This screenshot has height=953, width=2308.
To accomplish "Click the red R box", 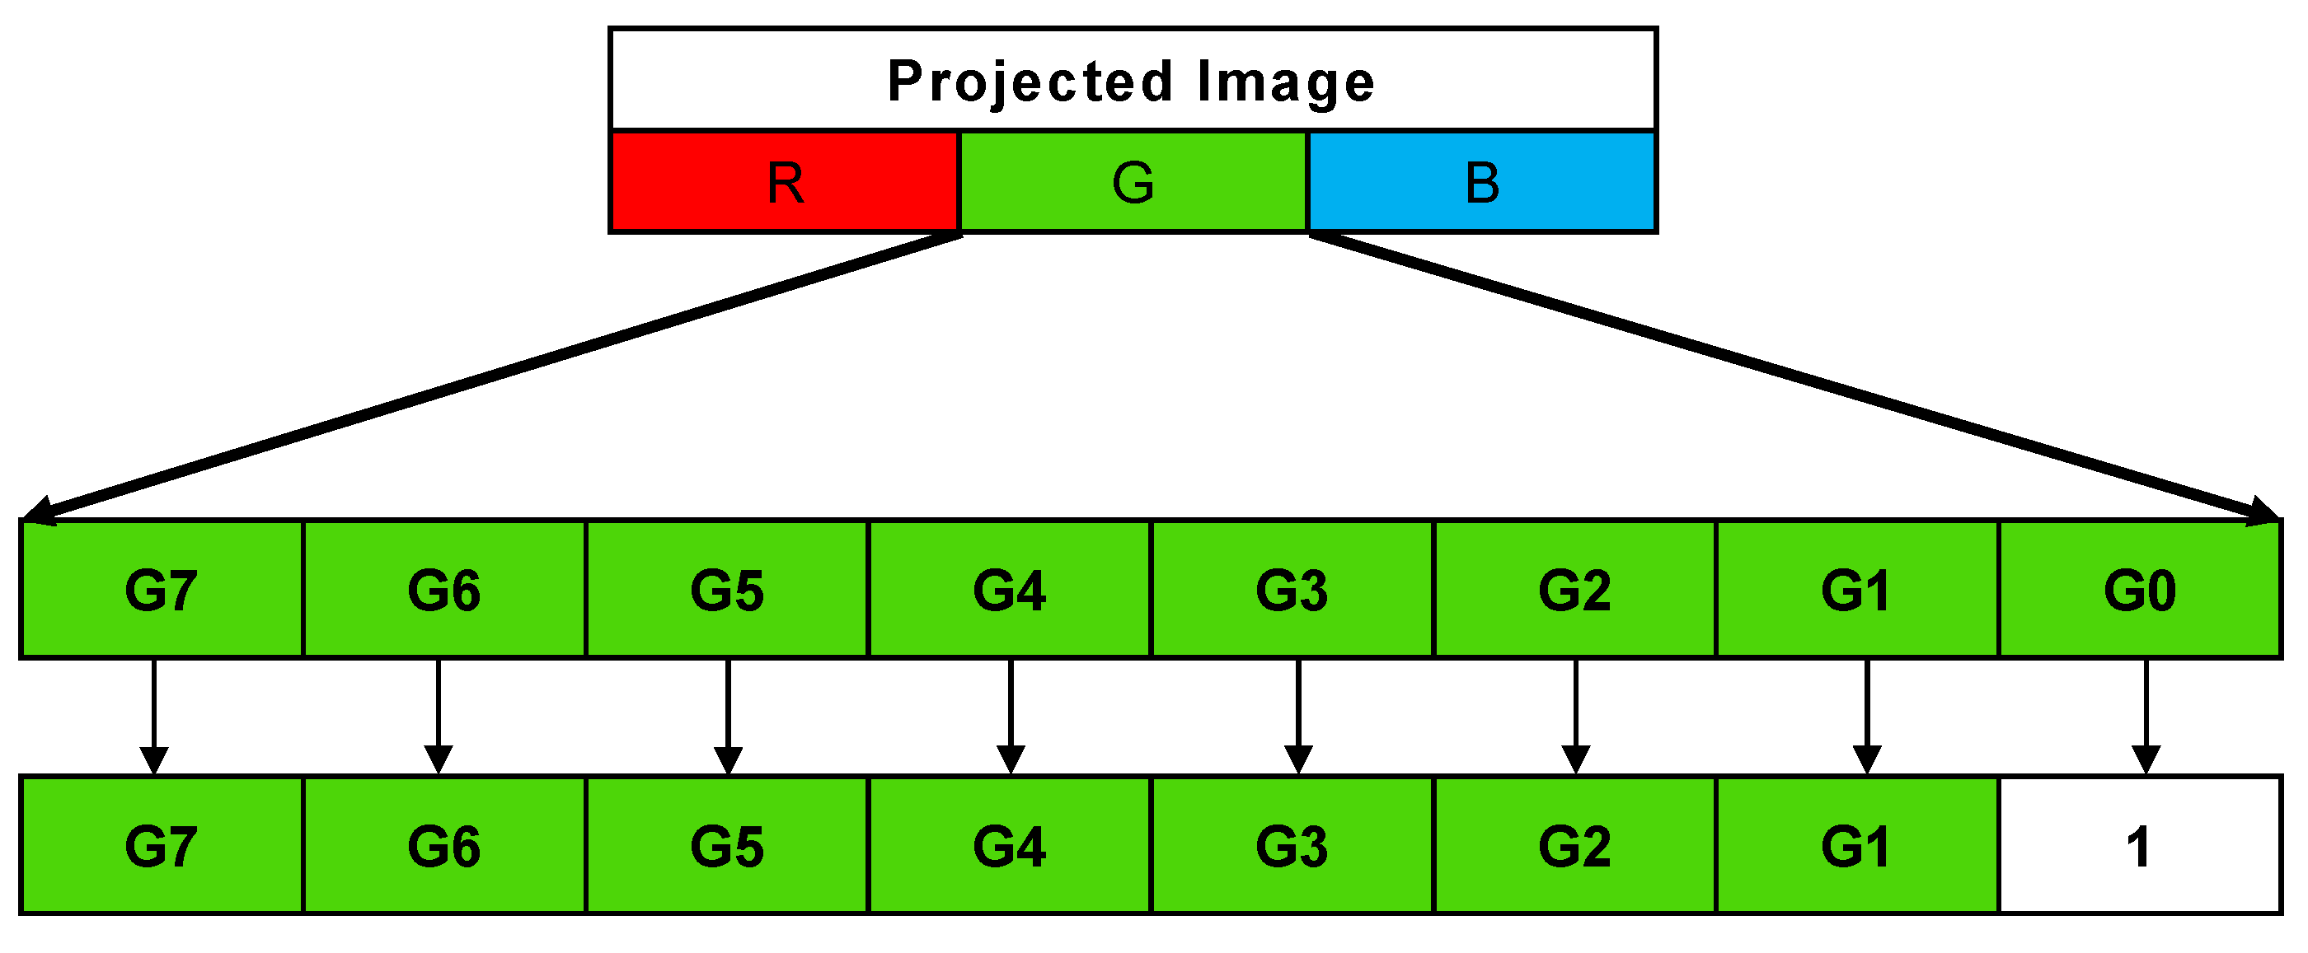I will point(785,183).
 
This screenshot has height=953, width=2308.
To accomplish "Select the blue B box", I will point(1482,183).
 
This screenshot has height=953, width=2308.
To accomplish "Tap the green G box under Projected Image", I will point(1133,183).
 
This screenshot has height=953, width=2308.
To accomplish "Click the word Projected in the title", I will point(1030,82).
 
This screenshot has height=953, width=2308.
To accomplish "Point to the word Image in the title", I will point(1285,82).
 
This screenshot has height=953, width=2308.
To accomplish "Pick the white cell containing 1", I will point(2139,846).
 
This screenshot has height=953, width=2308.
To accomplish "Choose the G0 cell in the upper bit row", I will point(2139,591).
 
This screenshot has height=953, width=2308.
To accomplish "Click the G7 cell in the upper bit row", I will point(162,591).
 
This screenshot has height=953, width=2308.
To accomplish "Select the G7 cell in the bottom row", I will point(162,846).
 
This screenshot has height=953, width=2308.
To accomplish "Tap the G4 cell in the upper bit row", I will point(1010,591).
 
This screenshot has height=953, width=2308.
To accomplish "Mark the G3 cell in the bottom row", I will point(1292,846).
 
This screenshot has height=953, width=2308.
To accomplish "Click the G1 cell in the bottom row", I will point(1855,846).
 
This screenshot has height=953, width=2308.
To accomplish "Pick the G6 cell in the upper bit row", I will point(444,591).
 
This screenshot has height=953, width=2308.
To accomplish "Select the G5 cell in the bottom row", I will point(727,846).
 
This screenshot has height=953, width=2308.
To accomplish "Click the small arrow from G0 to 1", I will point(2145,717).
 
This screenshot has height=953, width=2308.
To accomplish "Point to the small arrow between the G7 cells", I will point(154,717).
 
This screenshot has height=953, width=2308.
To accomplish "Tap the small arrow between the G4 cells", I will point(1011,717).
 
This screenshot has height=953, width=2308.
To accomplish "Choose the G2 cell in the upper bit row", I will point(1574,591).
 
